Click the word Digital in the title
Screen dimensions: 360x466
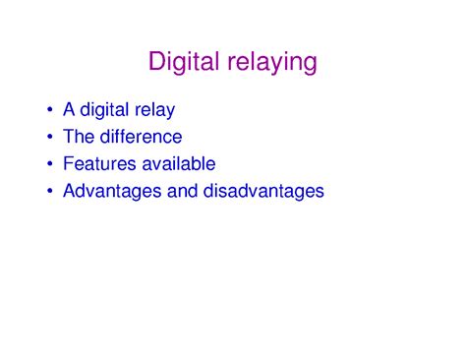tap(185, 62)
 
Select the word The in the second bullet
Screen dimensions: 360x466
tap(79, 137)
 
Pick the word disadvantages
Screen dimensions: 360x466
tap(262, 190)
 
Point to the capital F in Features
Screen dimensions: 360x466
tap(67, 163)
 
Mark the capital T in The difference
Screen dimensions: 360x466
tap(67, 137)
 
